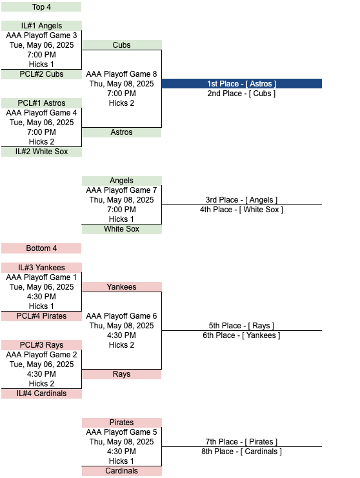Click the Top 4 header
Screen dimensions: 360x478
click(x=41, y=6)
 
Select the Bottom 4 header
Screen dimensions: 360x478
click(x=41, y=248)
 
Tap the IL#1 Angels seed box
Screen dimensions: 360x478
click(x=41, y=26)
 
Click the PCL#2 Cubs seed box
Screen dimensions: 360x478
click(x=41, y=74)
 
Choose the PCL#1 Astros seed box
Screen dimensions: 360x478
click(x=41, y=103)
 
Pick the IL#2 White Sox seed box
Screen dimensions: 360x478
click(x=41, y=152)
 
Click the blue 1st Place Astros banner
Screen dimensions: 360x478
click(x=242, y=83)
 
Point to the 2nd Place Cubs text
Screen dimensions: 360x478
click(x=241, y=94)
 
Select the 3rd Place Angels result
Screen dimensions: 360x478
click(x=241, y=200)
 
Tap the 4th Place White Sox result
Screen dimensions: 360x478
click(x=241, y=210)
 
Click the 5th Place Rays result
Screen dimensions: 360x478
click(x=241, y=326)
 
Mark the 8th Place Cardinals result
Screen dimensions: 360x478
click(x=241, y=452)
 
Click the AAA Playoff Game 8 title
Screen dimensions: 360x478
click(x=121, y=74)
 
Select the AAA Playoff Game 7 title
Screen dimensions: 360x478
click(x=121, y=190)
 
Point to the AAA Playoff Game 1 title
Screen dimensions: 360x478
click(x=41, y=277)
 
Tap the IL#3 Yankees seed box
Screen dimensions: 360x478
click(x=41, y=267)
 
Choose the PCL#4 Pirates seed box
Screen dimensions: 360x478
click(x=41, y=316)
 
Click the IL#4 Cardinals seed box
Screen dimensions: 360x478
click(x=41, y=393)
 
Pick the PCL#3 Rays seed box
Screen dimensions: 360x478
click(x=41, y=344)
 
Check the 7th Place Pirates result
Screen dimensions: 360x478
click(x=241, y=442)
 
